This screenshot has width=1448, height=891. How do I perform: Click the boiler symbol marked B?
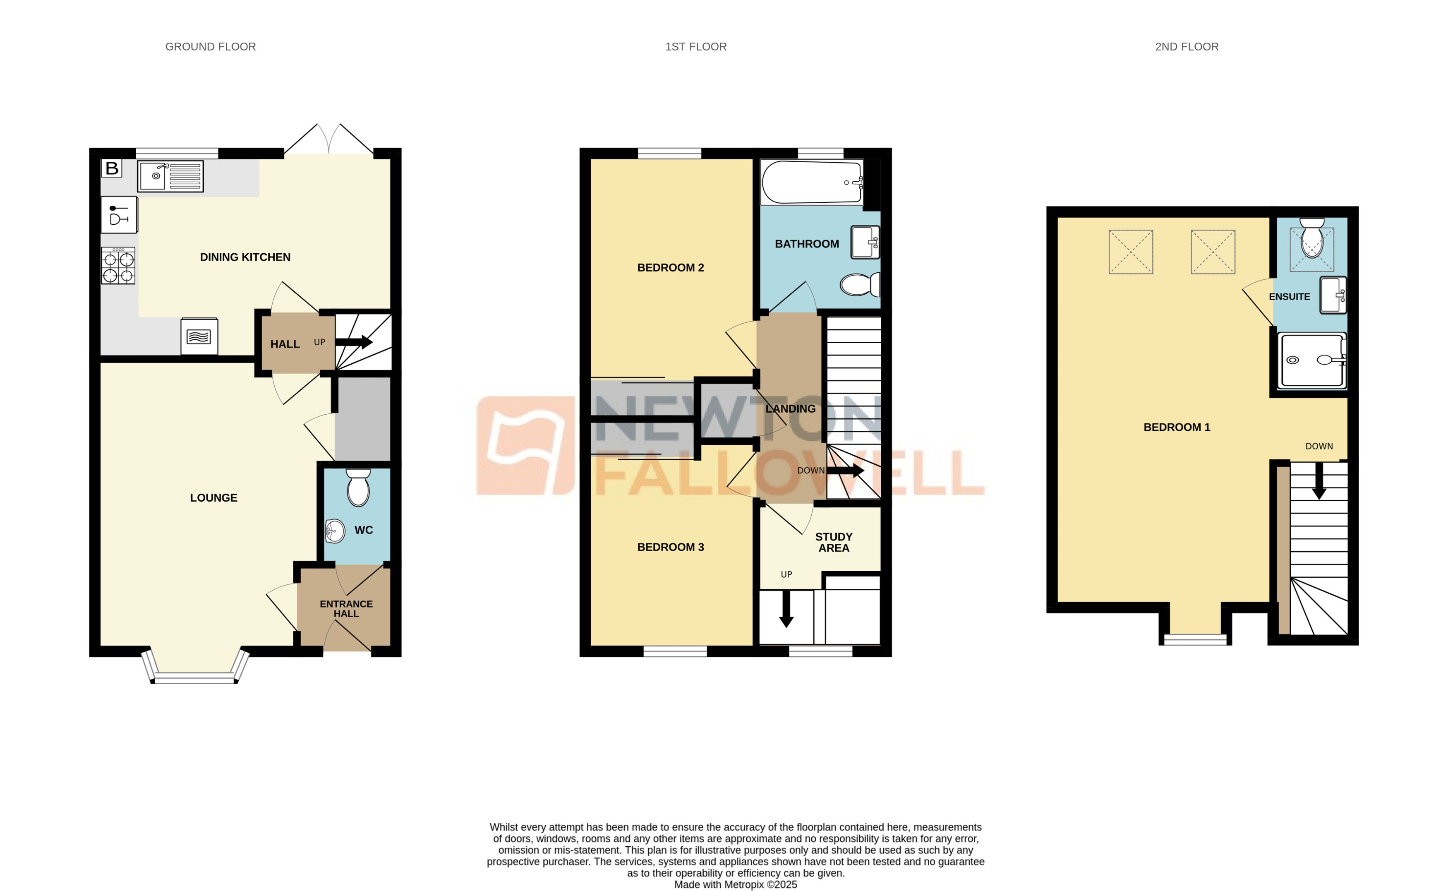coord(111,168)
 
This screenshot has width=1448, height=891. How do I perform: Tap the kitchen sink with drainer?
coord(170,176)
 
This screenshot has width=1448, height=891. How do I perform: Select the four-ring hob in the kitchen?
coord(118,266)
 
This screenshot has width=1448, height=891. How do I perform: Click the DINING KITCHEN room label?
coord(245,257)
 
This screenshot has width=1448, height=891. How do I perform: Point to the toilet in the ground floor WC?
coord(358,488)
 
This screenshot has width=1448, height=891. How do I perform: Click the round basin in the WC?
coord(335,531)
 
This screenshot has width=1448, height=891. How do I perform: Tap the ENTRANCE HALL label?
coord(346,609)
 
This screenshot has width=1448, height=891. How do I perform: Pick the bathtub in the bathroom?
coord(812,182)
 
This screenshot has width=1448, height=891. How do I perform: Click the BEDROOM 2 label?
coord(670,267)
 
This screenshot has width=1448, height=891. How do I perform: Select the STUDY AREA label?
coord(834,542)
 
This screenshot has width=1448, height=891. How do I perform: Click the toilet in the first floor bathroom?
coord(859,285)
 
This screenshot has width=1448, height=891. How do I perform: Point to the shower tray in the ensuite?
coord(1311,360)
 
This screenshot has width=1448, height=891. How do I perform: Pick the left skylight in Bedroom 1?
coord(1131,252)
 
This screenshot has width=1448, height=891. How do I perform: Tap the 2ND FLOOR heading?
coord(1187,46)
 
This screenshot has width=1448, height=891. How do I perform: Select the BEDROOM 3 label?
coord(670,547)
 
